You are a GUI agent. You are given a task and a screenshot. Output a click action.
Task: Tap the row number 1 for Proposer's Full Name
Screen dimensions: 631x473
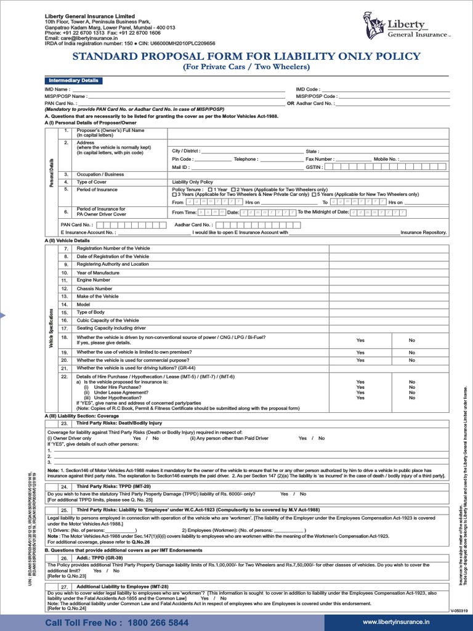(x=65, y=131)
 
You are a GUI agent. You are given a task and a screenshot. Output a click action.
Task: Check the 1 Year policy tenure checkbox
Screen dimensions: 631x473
(x=211, y=189)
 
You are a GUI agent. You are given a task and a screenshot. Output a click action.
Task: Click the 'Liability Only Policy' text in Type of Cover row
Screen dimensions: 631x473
(x=193, y=182)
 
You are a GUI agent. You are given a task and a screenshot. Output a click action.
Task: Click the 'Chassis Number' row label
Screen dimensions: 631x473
(x=94, y=288)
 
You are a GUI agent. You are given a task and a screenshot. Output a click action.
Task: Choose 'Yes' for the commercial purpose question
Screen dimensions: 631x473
(x=360, y=360)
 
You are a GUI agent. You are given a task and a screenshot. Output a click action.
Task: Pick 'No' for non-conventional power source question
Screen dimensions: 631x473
(x=411, y=340)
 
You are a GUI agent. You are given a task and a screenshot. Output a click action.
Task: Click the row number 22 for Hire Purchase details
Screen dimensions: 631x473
(x=64, y=376)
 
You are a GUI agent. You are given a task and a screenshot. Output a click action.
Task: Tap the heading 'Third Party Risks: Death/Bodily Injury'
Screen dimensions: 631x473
(x=119, y=423)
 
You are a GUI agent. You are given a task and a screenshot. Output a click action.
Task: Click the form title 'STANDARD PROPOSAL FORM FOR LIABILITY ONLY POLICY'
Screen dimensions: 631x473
(x=246, y=57)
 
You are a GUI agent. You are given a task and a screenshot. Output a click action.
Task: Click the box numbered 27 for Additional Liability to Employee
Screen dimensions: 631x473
(x=64, y=587)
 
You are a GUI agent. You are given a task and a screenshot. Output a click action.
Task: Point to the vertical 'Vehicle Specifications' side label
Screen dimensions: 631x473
(x=51, y=326)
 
